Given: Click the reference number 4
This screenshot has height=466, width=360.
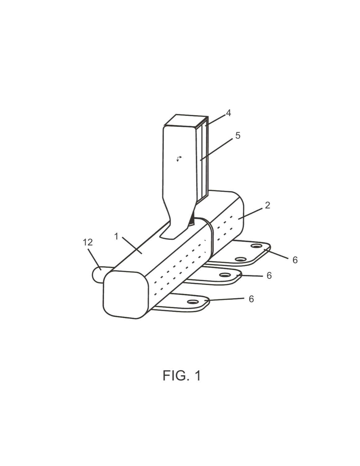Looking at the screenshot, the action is (229, 113).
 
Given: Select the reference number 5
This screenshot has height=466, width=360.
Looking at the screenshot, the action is (238, 135).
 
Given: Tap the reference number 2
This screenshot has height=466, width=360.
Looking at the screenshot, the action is (267, 205).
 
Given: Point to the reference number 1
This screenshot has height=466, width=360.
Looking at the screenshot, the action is (116, 236).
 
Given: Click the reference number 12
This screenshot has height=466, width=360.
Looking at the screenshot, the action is (88, 242).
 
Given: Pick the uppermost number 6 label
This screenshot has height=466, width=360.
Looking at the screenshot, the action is (295, 260).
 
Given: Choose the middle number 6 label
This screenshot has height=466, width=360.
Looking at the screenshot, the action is (269, 276).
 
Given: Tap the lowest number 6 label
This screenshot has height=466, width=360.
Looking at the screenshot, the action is (251, 299).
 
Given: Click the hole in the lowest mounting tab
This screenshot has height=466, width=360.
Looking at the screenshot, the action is (192, 302).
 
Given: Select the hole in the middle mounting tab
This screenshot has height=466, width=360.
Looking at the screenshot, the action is (224, 275).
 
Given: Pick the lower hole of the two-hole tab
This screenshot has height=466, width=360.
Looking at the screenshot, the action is (240, 259).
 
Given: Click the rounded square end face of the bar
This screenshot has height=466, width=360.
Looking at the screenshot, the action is (126, 295).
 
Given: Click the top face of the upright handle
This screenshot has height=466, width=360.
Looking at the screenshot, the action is (186, 121).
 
